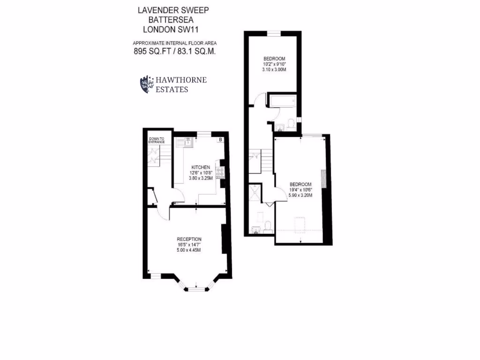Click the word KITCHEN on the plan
coord(200,167)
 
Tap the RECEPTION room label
coord(189,239)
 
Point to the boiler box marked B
coord(219,139)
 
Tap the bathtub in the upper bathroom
coord(281,100)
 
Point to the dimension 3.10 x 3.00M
coord(274,69)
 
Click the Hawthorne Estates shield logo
coord(147,84)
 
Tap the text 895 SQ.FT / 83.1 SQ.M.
coord(175,52)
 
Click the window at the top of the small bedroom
coord(274,33)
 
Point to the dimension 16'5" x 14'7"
coord(189,245)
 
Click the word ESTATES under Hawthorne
coord(172,89)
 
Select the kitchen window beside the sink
coord(203,134)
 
